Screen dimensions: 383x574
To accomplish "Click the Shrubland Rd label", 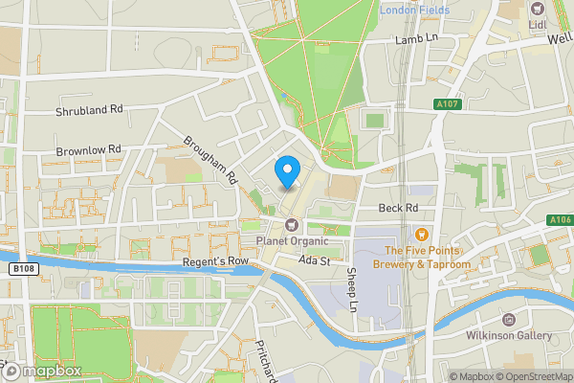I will pyautogui.click(x=90, y=110).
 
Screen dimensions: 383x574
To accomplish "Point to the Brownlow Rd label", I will pyautogui.click(x=89, y=149).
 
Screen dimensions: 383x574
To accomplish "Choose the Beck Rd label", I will pyautogui.click(x=398, y=208).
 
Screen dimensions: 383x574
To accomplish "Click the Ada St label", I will pyautogui.click(x=313, y=260).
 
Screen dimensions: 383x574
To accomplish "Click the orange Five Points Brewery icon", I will pyautogui.click(x=421, y=233).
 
